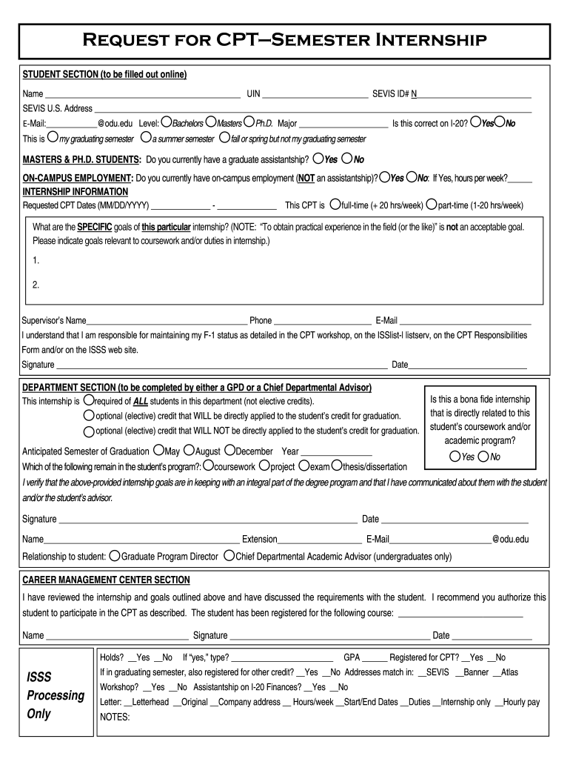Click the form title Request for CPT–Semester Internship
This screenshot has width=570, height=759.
pos(284,39)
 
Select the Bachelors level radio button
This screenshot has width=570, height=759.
pos(167,122)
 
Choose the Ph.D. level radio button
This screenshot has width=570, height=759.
pos(249,122)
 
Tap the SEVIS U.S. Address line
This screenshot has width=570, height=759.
pos(311,109)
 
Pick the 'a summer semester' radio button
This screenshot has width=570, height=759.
pos(146,138)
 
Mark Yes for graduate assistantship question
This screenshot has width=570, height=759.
pos(318,159)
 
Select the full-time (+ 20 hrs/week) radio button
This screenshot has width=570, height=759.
pos(335,205)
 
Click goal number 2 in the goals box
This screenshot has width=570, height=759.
pos(36,285)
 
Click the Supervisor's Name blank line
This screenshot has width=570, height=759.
pos(167,321)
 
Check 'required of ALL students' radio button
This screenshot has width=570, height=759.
pos(88,400)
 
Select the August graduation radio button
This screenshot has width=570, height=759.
pos(189,450)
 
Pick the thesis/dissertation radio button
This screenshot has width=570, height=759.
pos(337,465)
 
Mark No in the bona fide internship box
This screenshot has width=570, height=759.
pos(483,457)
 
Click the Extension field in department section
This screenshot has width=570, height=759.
pos(318,540)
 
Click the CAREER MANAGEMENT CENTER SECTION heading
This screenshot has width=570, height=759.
pos(106,580)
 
